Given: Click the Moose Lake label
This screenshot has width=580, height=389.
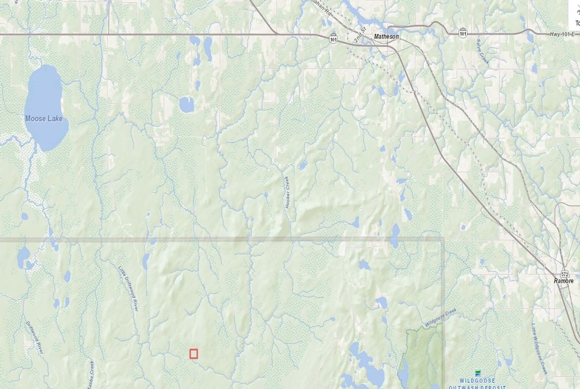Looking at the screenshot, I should tap(43, 118).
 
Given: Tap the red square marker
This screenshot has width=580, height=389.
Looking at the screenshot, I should tap(194, 354).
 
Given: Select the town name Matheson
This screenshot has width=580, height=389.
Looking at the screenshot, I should tap(386, 36).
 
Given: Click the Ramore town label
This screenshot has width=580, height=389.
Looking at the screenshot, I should tap(564, 281).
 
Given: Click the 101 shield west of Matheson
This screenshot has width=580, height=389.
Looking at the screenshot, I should tap(333, 37).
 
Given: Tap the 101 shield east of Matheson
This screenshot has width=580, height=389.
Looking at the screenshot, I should tap(463, 33).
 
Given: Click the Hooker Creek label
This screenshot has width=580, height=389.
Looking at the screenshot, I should tap(288, 192).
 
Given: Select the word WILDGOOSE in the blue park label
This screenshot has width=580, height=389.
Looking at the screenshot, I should tap(478, 381).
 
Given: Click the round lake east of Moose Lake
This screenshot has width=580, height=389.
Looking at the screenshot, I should tap(187, 104).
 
